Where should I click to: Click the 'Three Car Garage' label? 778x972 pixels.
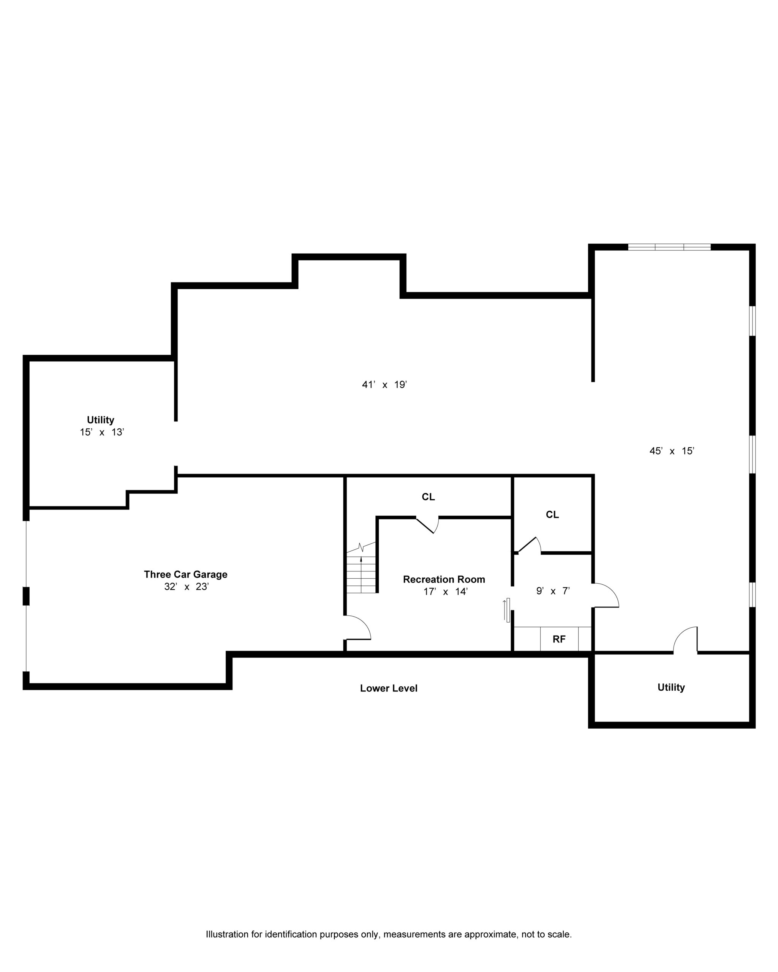pos(185,574)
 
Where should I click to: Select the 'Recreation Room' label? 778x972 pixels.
pos(444,579)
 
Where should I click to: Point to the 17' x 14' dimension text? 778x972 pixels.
pos(445,592)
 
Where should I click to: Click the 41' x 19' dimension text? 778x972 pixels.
pos(384,385)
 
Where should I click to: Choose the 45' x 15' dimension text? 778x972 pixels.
pos(672,451)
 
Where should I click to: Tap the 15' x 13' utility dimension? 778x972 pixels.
pos(101,432)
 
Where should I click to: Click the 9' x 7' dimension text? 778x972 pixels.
pos(553,590)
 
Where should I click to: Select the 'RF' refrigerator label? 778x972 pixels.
pos(559,639)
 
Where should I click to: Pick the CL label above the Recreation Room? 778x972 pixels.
pos(428,497)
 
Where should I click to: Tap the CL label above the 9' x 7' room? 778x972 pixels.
pos(552,514)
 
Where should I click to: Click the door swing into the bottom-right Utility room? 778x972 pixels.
pos(686,639)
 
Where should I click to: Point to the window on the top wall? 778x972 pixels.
pos(669,247)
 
